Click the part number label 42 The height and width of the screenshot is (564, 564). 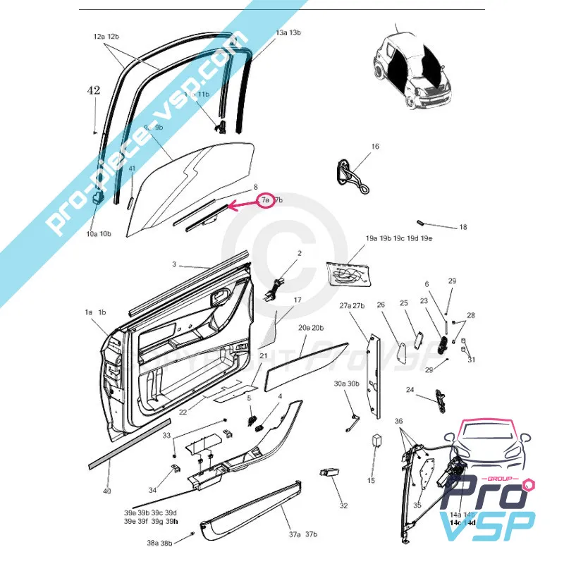94,90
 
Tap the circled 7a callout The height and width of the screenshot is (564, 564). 265,200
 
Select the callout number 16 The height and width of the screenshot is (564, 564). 375,146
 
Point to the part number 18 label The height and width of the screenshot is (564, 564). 462,228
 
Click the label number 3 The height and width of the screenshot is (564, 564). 173,264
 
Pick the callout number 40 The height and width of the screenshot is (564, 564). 106,491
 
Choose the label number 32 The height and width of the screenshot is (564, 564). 343,505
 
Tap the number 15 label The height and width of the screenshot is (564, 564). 371,480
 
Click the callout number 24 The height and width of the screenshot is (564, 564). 410,389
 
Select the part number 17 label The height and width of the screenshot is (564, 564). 297,300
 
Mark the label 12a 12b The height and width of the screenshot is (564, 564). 106,36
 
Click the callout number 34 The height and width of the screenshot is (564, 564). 152,490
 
